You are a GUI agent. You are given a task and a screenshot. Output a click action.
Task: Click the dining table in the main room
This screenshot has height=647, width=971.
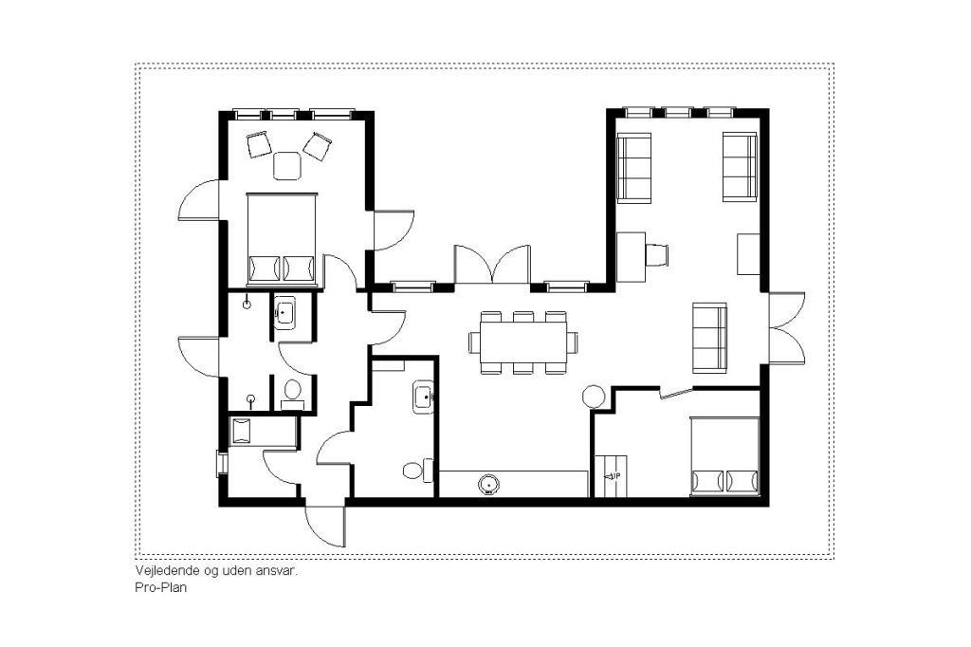(x=523, y=342)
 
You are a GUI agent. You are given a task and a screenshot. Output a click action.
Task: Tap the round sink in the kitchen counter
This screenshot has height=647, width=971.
(x=490, y=484)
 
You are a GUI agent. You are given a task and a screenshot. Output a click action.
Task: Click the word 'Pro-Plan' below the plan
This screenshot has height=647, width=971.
(x=160, y=587)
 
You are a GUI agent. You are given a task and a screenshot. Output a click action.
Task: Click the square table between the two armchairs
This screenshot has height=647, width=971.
(x=287, y=166)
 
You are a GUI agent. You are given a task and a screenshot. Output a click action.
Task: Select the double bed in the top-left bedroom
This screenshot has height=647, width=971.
(x=283, y=240)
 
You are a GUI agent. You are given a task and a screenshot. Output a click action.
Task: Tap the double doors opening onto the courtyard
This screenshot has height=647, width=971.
(x=493, y=265)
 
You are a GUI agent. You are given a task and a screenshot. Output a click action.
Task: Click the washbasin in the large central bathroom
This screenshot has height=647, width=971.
(x=424, y=397)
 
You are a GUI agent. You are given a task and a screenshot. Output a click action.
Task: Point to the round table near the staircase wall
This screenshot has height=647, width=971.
(x=594, y=397)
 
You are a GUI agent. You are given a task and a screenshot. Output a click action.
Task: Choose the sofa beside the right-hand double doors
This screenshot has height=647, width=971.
(x=709, y=338)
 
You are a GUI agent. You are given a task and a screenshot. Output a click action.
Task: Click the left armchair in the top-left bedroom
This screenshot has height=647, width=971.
(x=259, y=145)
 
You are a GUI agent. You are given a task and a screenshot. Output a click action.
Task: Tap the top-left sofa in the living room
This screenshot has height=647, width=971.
(x=634, y=167)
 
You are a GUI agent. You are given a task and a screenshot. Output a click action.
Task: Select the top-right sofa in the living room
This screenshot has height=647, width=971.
(x=740, y=167)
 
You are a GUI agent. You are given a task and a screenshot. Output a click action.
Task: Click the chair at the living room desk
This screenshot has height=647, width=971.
(x=657, y=254)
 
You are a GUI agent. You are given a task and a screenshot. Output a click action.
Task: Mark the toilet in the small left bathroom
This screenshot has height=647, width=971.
(x=292, y=394)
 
